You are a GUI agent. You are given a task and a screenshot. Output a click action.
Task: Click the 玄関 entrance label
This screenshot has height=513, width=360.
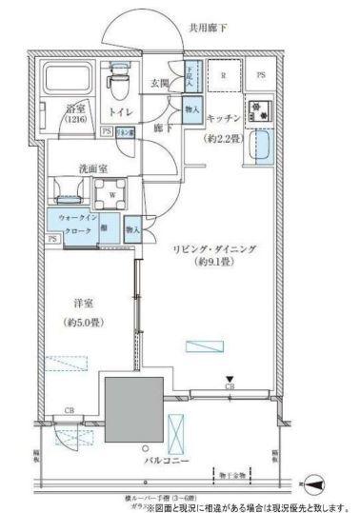[160, 84]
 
